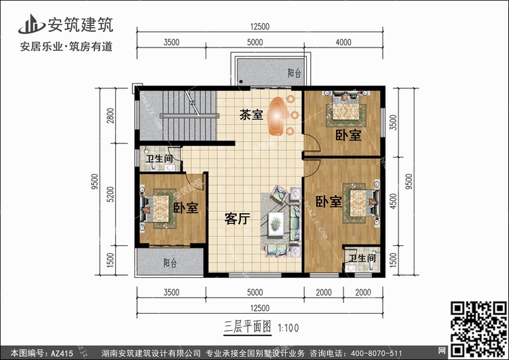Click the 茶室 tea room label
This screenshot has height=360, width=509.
[x=251, y=115]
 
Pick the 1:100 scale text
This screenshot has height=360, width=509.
[x=286, y=327]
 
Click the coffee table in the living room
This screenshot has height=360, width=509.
[x=276, y=222]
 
